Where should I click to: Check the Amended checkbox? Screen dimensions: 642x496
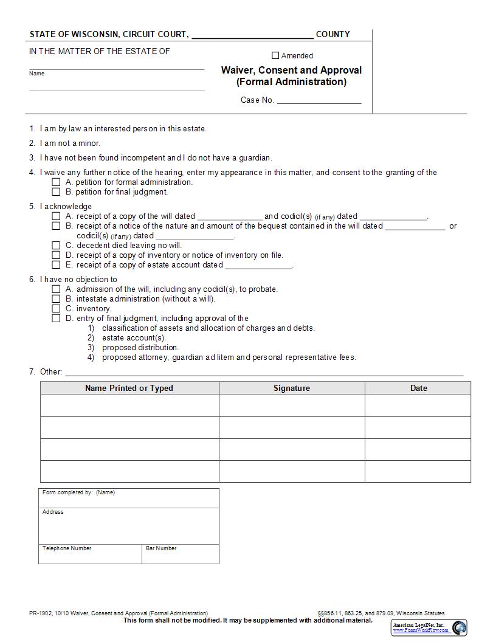(x=275, y=55)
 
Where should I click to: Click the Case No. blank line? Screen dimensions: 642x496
(x=319, y=100)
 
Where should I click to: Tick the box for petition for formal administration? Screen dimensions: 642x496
(x=56, y=182)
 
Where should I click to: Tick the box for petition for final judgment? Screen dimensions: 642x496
(x=56, y=192)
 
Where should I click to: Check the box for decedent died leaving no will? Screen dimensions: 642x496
(x=56, y=245)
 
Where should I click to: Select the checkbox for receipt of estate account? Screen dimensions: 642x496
(x=56, y=264)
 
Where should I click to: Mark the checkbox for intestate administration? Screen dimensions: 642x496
(x=56, y=299)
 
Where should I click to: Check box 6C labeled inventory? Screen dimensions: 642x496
(x=56, y=308)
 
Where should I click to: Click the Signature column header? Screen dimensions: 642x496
(x=292, y=388)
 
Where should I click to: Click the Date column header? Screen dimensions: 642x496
(x=418, y=388)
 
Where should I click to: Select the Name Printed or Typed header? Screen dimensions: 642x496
(x=129, y=388)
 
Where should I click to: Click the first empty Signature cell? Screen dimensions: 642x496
(x=292, y=406)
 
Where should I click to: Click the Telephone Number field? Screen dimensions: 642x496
(x=90, y=556)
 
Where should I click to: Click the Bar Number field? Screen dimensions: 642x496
(x=181, y=556)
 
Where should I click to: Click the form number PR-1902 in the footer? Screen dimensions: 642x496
(x=40, y=613)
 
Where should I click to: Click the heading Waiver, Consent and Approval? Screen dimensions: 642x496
(x=291, y=70)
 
